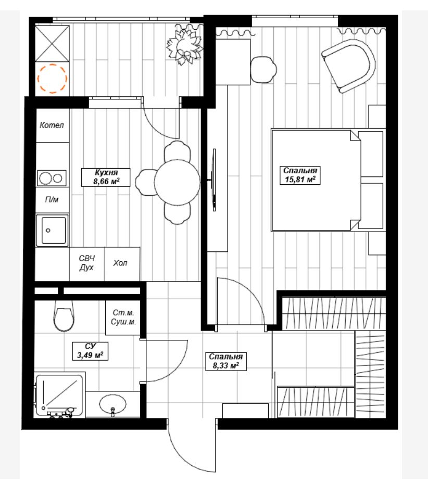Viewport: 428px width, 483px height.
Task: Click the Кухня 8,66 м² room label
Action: click(106, 177)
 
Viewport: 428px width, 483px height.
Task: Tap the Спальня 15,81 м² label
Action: click(300, 175)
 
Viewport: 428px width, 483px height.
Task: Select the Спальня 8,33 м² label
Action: click(226, 361)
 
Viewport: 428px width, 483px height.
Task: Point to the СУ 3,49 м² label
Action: click(90, 351)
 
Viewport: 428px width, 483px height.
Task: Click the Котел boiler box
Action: click(52, 125)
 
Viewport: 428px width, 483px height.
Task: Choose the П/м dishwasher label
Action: click(52, 200)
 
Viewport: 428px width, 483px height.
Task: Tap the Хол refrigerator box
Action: click(122, 264)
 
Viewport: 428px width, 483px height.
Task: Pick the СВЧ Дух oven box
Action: click(87, 264)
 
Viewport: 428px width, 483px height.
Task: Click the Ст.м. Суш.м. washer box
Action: click(123, 317)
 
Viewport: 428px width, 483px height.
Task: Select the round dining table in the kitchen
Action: click(177, 182)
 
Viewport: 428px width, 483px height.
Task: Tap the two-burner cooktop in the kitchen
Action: click(52, 178)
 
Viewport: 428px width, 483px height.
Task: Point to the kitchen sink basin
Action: click(52, 231)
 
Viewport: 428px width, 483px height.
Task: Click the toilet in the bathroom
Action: click(64, 316)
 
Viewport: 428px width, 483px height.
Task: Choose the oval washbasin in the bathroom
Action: click(113, 404)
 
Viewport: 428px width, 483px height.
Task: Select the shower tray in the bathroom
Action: click(59, 395)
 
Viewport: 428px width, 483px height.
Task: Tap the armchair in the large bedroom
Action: click(348, 66)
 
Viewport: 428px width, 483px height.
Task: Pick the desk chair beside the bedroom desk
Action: click(263, 70)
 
